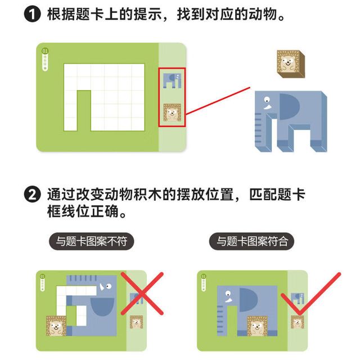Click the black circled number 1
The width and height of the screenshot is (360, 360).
pos(33,13)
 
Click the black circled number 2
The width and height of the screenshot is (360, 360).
pos(33,195)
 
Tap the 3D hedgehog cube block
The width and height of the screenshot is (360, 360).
pos(291,64)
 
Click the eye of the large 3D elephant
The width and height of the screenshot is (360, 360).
pos(267,100)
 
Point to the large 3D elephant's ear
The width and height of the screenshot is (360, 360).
pos(289,106)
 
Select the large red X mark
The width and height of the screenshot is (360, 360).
pos(142,294)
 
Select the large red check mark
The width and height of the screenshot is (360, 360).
pos(310,294)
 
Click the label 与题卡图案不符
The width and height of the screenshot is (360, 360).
pos(91,241)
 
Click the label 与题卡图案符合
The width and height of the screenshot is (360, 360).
pos(251,241)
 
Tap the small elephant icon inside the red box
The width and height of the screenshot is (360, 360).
pos(172,80)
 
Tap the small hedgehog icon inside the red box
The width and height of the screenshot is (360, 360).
pos(172,112)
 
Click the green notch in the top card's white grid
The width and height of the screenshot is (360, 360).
pos(84,111)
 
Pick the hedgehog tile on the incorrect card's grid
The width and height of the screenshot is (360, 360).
pos(56,326)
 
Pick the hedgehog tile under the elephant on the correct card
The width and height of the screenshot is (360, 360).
pos(258,326)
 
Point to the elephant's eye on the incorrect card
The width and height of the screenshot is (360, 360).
pos(108,286)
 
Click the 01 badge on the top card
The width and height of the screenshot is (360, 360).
pos(45,51)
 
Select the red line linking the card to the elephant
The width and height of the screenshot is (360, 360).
pos(218,101)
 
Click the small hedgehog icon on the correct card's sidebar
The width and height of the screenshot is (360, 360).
pos(298,322)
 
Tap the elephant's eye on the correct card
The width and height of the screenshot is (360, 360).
pos(228,294)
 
